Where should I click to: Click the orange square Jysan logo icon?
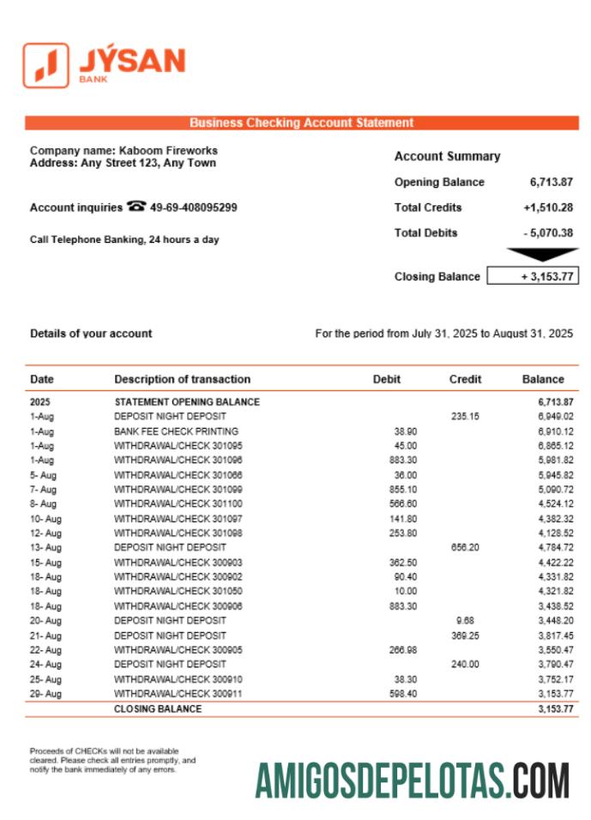(x=45, y=65)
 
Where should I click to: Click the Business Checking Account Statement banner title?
(x=301, y=123)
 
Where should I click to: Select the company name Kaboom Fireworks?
(x=168, y=150)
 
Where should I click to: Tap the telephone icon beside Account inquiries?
(x=136, y=207)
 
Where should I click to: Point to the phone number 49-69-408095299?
(x=193, y=208)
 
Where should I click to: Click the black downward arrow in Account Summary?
(x=542, y=255)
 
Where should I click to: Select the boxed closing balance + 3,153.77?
(x=532, y=276)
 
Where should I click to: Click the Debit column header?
(x=386, y=379)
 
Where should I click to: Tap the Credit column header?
(x=465, y=379)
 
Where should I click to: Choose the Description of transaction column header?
(x=182, y=379)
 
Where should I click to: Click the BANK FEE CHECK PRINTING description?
(x=176, y=431)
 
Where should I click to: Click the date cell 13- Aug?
(x=45, y=547)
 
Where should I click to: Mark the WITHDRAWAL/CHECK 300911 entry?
(x=178, y=693)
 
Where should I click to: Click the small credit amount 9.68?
(x=466, y=620)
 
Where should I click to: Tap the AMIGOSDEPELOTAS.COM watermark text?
(x=412, y=781)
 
